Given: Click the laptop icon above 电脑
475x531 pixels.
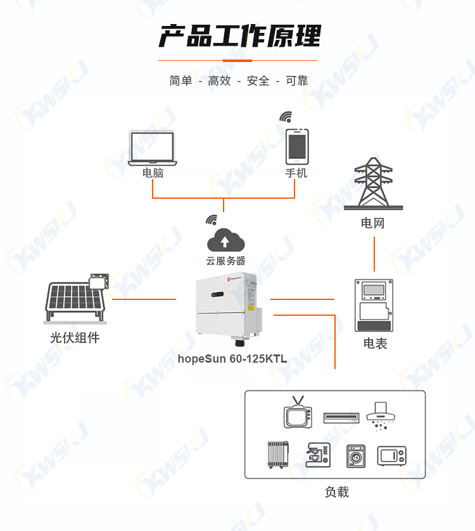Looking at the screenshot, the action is [153, 148].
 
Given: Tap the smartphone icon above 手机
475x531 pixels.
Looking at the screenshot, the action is [297, 146].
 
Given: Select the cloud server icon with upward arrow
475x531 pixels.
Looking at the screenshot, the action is [225, 240].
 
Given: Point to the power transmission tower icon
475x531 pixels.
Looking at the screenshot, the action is [374, 184].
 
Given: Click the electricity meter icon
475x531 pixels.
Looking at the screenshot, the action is [374, 305].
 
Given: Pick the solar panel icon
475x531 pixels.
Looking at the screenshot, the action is [76, 298].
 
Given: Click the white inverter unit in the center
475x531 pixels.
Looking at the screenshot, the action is [229, 308].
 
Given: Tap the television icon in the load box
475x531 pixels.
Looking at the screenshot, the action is [298, 412].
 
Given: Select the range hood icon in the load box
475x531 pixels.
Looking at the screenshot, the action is [381, 416].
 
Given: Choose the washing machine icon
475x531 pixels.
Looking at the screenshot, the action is [356, 456].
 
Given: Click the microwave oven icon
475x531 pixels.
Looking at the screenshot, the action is [391, 456].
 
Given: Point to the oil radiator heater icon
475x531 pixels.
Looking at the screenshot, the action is [278, 455].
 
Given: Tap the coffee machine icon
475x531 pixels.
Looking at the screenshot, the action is [318, 455].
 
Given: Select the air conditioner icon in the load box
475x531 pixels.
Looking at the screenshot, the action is [341, 418].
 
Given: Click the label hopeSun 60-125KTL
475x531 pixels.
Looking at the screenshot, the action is [232, 359].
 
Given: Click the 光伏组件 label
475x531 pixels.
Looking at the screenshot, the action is [75, 337].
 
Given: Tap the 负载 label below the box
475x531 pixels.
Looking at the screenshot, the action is [337, 492].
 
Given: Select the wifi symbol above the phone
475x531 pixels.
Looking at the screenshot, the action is [286, 117].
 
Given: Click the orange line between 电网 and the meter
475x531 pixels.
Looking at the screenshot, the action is [374, 254].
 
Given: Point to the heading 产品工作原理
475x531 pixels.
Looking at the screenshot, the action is [240, 36].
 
